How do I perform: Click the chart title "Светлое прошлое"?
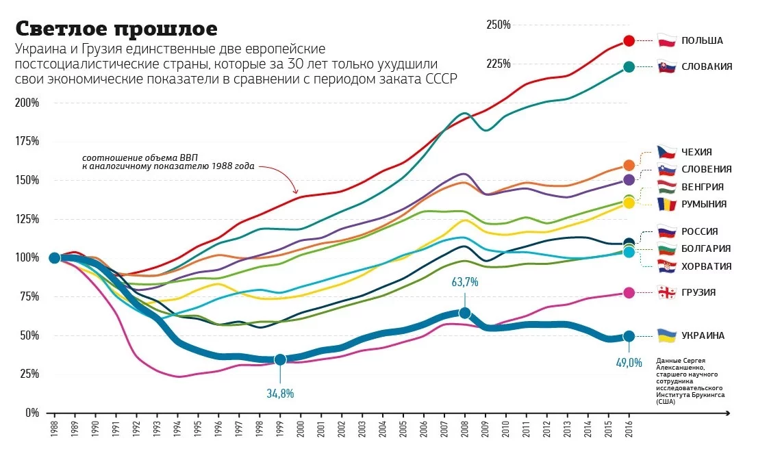(116, 29)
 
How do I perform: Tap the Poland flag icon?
(667, 40)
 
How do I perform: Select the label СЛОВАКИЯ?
(707, 66)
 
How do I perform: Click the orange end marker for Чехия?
(629, 165)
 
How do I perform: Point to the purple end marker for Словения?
(629, 179)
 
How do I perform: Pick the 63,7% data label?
(464, 282)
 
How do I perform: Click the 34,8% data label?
(280, 393)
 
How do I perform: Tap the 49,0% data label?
(629, 363)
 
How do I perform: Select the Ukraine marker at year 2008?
(464, 313)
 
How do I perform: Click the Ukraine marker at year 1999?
(280, 359)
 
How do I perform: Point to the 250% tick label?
(499, 25)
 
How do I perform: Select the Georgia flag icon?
(667, 292)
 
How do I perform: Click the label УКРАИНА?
(703, 335)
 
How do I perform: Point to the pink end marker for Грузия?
(629, 292)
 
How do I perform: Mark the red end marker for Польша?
(629, 41)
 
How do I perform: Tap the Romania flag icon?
(667, 203)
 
